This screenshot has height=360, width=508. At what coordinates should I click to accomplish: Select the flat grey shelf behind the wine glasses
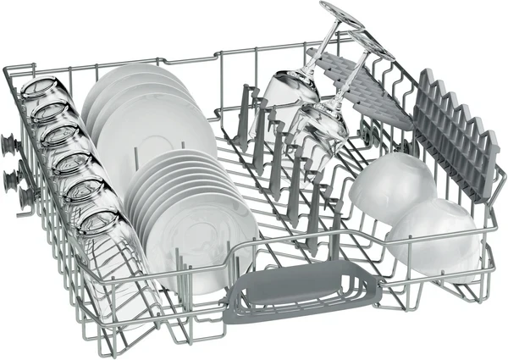coord(356,85)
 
